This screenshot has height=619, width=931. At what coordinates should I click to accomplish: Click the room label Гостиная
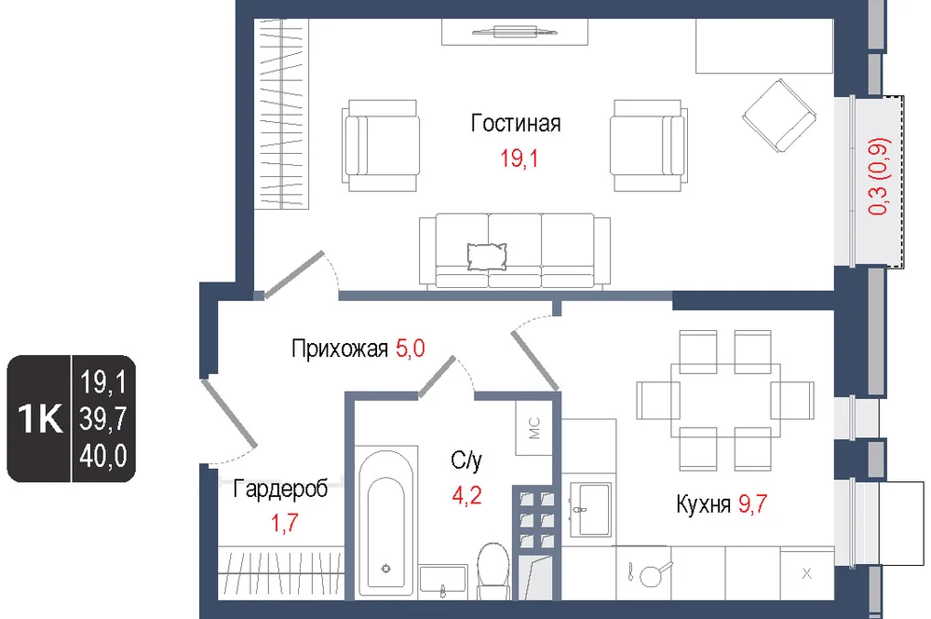point(516,123)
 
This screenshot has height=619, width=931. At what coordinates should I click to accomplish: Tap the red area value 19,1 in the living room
point(519,158)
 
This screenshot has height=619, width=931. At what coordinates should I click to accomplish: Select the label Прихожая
point(340,349)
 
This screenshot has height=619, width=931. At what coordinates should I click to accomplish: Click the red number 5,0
point(411,348)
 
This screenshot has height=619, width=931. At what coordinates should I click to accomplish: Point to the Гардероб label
point(280,489)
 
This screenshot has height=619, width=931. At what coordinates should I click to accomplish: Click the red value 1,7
point(284,523)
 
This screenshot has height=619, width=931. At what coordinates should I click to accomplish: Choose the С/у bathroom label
point(466,460)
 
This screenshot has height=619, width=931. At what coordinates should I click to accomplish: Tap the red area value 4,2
point(466,495)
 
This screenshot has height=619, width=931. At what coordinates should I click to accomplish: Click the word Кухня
point(703,504)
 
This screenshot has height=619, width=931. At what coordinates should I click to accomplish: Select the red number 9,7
point(753,503)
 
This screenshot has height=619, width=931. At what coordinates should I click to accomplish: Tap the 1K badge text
point(40,419)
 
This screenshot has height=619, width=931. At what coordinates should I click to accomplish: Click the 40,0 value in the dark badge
point(103,456)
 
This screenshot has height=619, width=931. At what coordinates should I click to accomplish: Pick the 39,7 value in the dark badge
point(103,420)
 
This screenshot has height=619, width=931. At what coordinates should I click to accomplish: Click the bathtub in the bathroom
point(386,524)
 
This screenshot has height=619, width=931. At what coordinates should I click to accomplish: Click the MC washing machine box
point(533,428)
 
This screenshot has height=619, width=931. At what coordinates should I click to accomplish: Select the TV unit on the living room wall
point(515,32)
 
